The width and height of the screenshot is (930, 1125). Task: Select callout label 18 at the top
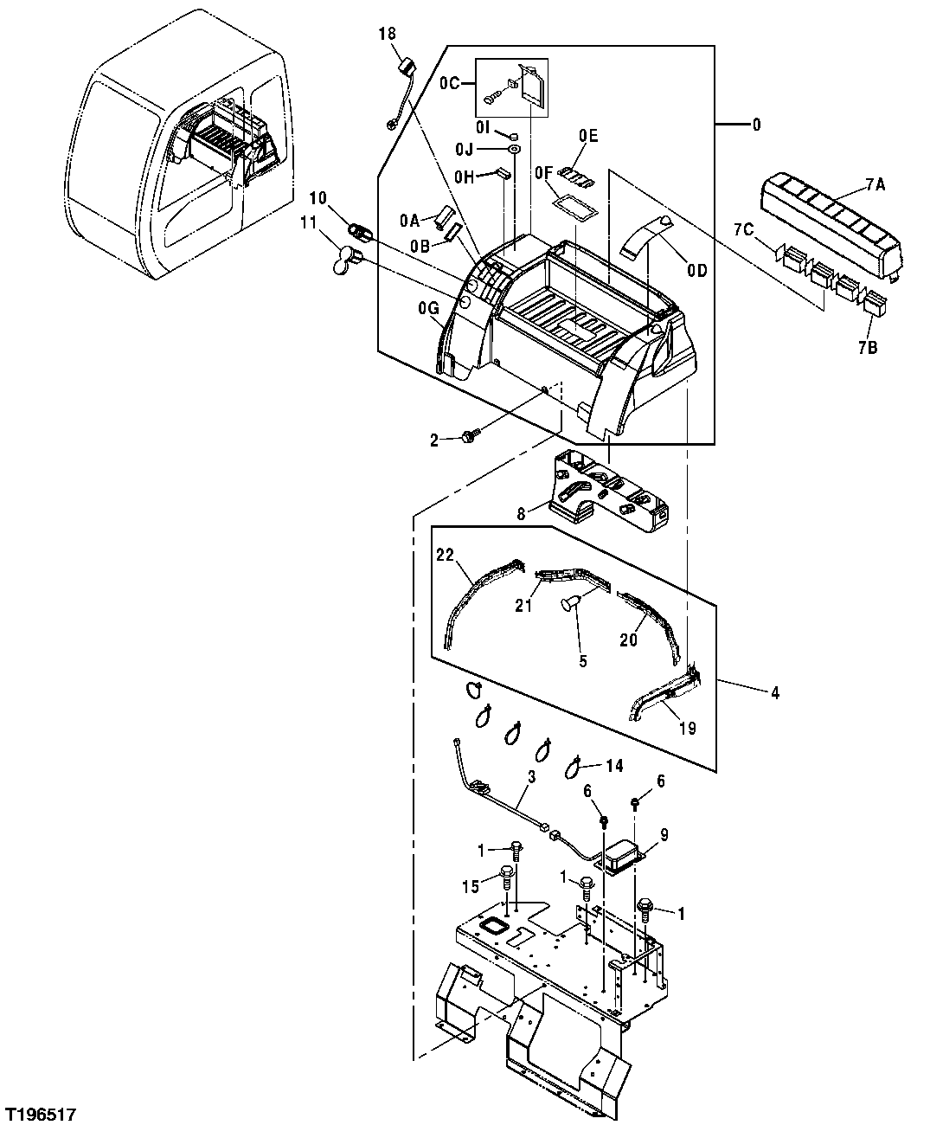click(x=387, y=34)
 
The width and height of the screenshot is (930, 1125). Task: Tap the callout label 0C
click(x=449, y=84)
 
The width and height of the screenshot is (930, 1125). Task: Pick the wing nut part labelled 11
click(x=345, y=259)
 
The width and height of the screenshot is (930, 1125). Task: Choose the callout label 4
click(x=775, y=692)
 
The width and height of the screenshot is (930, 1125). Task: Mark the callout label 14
click(x=613, y=766)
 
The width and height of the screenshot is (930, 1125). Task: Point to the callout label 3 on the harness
click(x=531, y=778)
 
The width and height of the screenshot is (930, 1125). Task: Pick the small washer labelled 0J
click(x=513, y=150)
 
